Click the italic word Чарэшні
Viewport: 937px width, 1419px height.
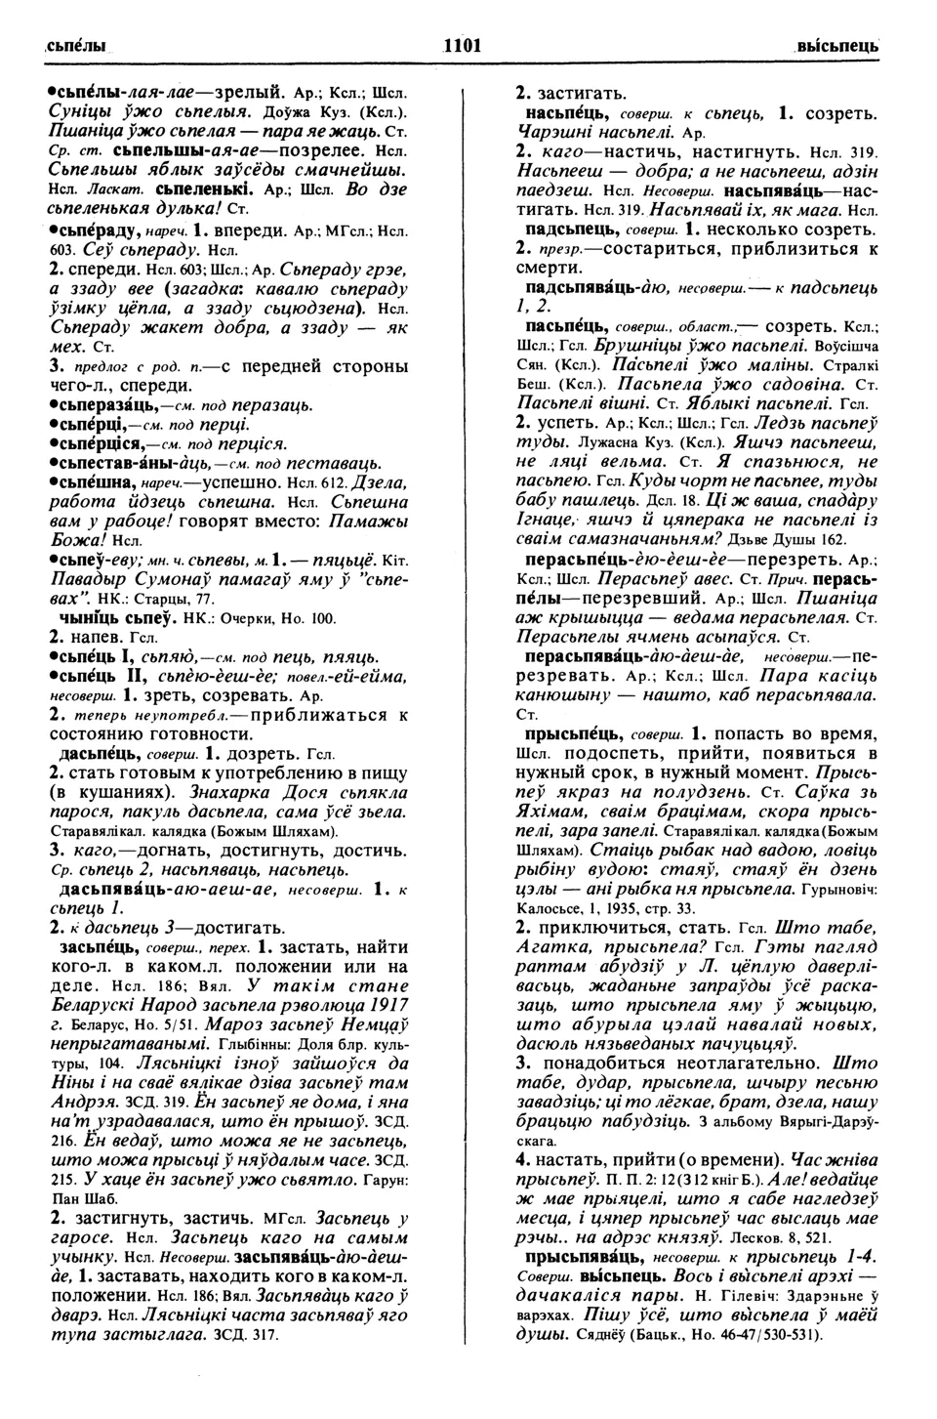coord(551,133)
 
